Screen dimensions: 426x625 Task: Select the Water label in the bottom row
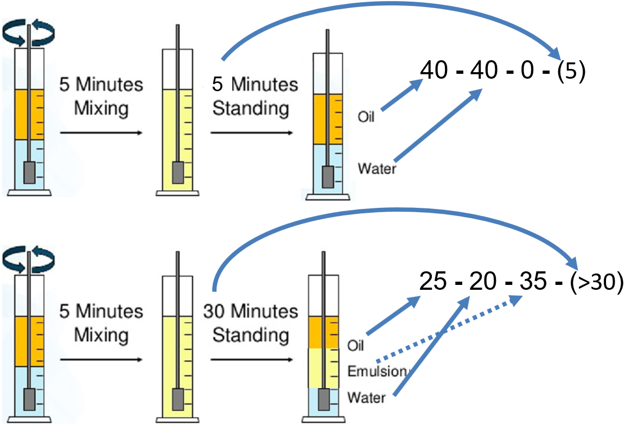(366, 398)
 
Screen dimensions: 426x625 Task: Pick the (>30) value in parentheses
(595, 282)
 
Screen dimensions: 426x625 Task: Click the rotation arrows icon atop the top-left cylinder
(28, 33)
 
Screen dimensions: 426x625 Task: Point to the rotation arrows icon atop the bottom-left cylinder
(28, 259)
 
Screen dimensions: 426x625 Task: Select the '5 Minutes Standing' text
(255, 97)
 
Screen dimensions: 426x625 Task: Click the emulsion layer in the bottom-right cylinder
(316, 368)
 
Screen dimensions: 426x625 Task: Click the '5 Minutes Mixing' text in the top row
(101, 97)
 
